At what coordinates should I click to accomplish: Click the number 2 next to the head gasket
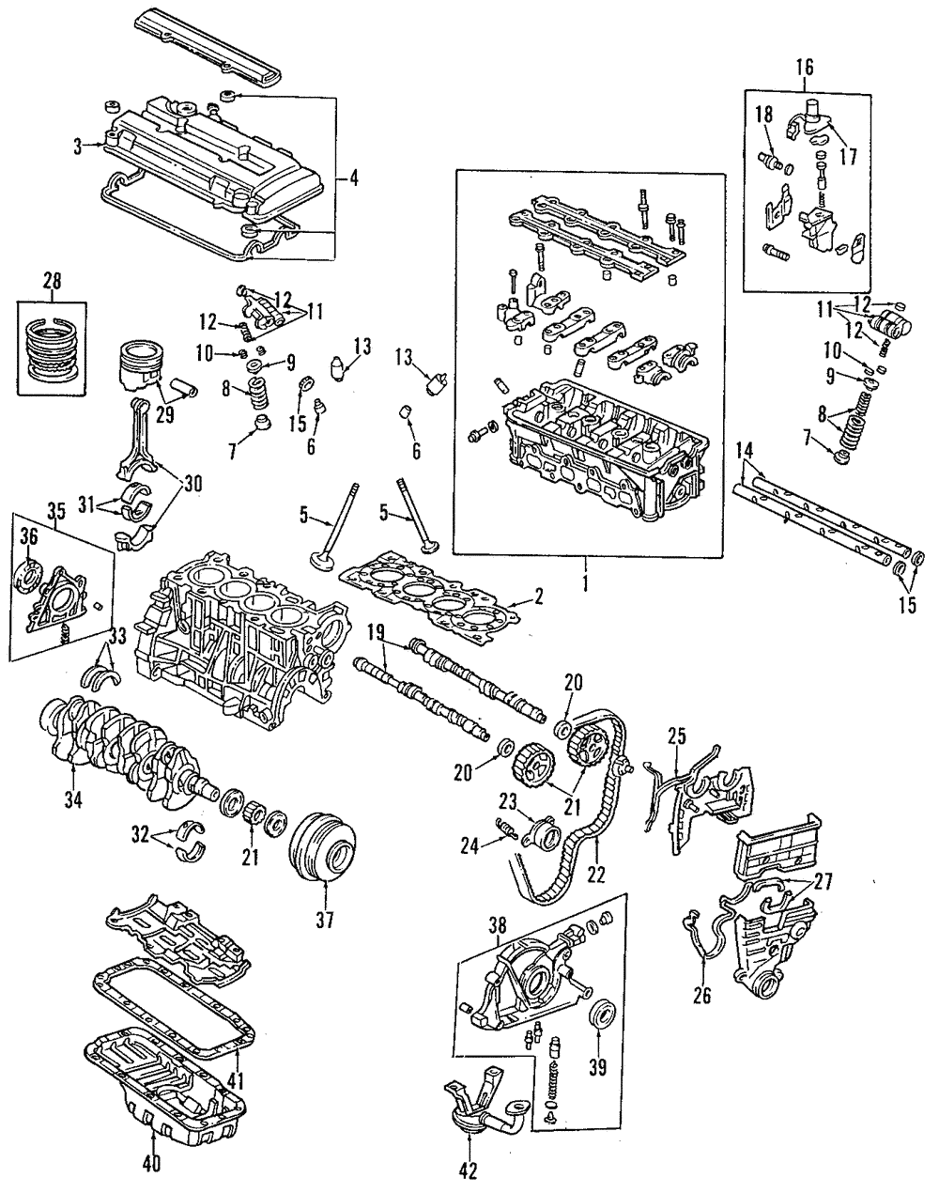click(539, 595)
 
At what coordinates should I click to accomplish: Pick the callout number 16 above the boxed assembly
click(805, 66)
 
